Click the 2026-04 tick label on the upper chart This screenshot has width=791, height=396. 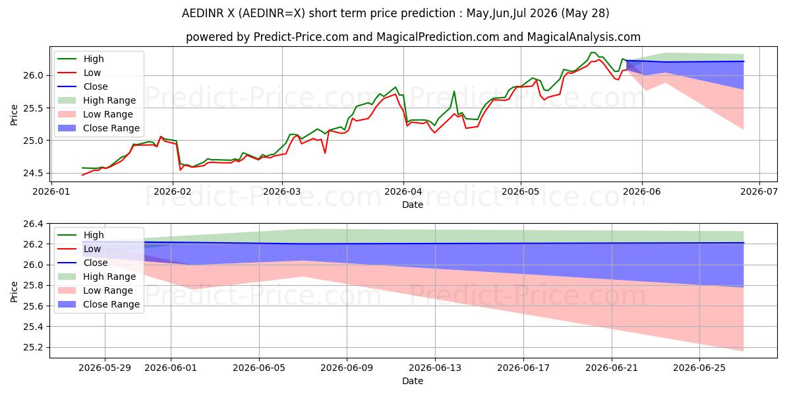click(403, 191)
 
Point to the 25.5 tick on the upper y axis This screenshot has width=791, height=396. click(33, 108)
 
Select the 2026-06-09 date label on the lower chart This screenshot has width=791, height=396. click(347, 368)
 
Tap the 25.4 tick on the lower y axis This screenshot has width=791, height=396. click(33, 327)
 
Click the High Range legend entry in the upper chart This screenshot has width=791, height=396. click(97, 100)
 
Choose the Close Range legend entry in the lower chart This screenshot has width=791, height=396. click(98, 304)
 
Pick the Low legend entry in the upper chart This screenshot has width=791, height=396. click(79, 73)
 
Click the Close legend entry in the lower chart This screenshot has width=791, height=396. click(82, 263)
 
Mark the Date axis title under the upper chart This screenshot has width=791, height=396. click(413, 205)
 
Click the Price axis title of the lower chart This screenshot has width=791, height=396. click(14, 292)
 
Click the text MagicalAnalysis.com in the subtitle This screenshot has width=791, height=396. click(584, 37)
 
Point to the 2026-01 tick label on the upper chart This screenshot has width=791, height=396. click(51, 191)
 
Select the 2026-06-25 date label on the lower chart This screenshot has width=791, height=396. click(699, 368)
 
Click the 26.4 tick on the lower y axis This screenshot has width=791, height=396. click(33, 224)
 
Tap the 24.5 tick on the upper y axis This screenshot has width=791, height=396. click(33, 173)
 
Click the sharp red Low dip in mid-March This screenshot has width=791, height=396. click(325, 152)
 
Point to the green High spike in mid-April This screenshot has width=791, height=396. click(454, 92)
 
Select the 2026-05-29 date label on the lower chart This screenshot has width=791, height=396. click(105, 368)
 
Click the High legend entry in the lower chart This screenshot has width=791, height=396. click(80, 235)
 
